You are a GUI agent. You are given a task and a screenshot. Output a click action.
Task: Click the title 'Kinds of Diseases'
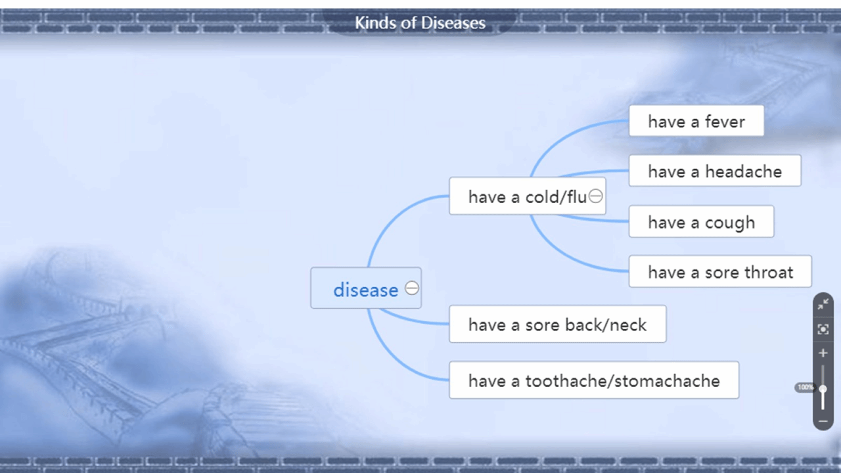(x=420, y=23)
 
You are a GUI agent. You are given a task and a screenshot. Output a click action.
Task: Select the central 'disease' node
(x=366, y=288)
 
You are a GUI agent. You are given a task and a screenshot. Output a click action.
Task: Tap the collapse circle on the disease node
(x=412, y=288)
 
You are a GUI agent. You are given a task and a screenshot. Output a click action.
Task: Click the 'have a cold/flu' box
(x=528, y=196)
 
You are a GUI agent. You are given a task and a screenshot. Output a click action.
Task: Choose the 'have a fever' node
(x=696, y=121)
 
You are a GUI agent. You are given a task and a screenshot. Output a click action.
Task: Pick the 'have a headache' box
(x=715, y=171)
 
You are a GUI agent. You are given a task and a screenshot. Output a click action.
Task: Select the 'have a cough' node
(x=701, y=221)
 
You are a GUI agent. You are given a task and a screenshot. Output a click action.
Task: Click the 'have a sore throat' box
(x=720, y=271)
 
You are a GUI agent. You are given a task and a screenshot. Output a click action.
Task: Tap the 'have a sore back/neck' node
(x=558, y=324)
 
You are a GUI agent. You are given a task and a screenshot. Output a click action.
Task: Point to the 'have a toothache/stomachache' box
(x=594, y=380)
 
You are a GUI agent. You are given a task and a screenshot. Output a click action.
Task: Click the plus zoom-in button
(x=823, y=353)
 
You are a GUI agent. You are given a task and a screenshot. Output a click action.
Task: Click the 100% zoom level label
(x=806, y=388)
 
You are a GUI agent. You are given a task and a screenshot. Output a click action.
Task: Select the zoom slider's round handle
(x=823, y=389)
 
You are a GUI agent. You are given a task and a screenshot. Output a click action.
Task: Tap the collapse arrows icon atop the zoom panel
(x=823, y=304)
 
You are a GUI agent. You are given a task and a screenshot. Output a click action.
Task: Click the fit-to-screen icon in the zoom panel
(x=823, y=329)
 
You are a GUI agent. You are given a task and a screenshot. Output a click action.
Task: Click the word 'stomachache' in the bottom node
(x=667, y=380)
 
